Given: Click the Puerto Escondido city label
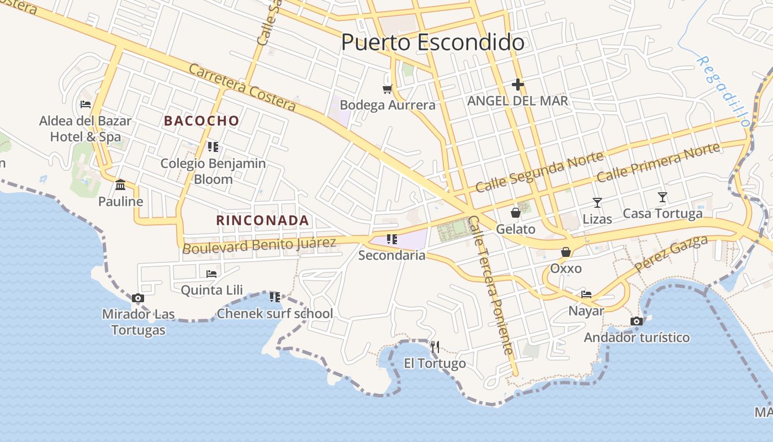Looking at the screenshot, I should tap(432, 43).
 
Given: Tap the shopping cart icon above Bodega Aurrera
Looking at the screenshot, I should tap(388, 88).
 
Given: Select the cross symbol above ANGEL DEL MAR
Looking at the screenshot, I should tap(517, 85).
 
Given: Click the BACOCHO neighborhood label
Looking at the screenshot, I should tap(202, 120).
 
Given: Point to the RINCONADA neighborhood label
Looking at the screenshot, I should tap(262, 220).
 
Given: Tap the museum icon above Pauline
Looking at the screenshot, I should tap(120, 185).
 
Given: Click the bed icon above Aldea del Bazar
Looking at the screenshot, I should tap(85, 104).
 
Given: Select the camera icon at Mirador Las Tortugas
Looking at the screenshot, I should tap(138, 298).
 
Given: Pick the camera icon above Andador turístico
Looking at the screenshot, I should tap(637, 321).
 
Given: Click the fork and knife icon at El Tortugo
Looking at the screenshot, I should tap(435, 347).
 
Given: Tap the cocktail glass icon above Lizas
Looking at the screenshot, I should tap(597, 203).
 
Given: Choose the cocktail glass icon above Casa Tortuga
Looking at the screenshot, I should tap(663, 197).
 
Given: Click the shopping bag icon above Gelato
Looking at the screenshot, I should tap(516, 213).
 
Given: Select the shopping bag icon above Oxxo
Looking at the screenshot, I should tap(566, 252).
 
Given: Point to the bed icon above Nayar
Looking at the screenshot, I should tap(586, 294).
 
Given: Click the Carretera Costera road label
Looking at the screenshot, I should tap(242, 87).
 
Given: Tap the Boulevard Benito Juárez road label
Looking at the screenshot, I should tap(259, 245).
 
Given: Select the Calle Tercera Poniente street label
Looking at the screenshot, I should tap(490, 285).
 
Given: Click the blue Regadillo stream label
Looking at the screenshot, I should tap(723, 91).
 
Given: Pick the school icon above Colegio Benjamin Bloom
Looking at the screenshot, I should tap(213, 147).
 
